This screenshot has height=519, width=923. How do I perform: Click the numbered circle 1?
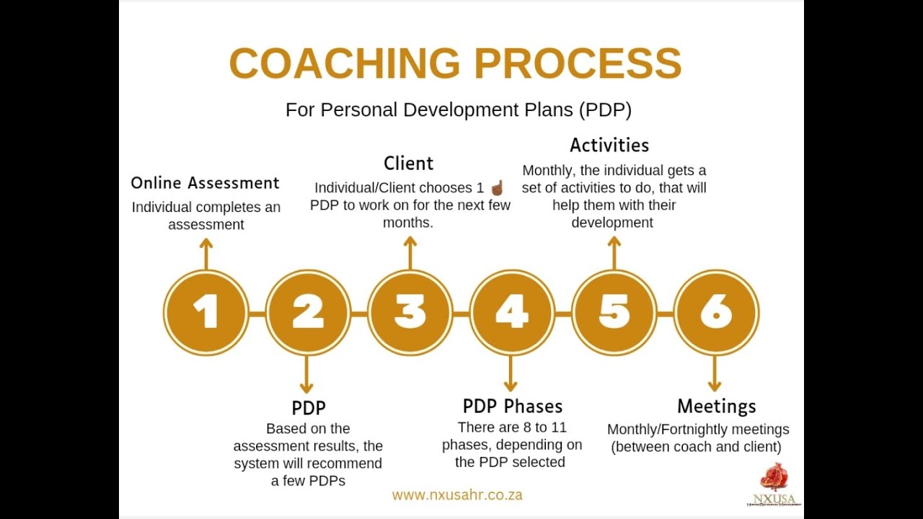point(206,312)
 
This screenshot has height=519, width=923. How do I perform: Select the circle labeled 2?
point(308,312)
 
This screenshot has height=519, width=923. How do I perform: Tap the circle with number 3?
point(410,312)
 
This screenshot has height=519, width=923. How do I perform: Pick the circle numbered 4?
point(512,312)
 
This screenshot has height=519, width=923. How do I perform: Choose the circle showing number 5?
point(614,312)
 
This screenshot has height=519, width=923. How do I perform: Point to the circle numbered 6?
point(716,312)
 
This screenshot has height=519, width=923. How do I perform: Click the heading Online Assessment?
point(205,183)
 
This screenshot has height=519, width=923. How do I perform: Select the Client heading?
point(409,164)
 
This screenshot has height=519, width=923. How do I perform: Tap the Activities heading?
point(609,146)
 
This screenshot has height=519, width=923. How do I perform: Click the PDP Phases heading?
point(512,407)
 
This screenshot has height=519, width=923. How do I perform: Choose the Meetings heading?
point(716,407)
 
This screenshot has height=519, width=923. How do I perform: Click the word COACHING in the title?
point(345,64)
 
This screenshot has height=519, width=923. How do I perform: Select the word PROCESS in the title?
point(578,64)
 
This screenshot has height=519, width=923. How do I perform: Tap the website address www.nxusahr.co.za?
point(457,495)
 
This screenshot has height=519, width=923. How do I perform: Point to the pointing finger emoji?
point(497,188)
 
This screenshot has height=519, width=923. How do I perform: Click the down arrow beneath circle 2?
point(306,374)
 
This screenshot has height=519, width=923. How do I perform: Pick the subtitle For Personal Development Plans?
point(458,110)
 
